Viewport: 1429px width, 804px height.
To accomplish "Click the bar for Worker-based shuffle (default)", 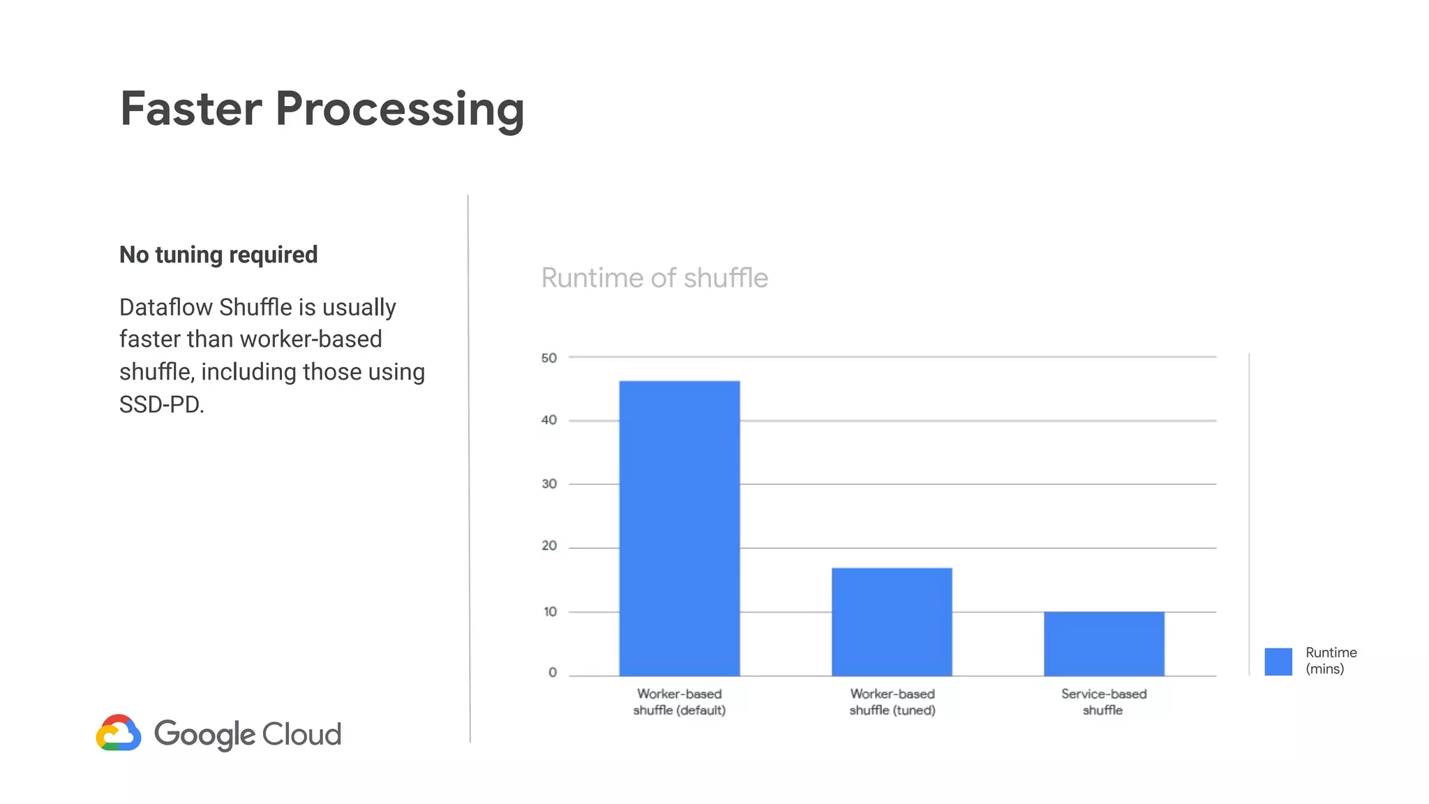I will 679,528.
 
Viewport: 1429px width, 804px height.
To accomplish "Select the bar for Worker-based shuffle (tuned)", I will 892,622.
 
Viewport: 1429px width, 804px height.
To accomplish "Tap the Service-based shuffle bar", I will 1104,643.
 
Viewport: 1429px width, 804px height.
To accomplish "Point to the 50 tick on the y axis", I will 549,358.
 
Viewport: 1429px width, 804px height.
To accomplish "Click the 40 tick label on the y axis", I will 549,420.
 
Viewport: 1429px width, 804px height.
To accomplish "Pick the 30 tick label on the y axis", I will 549,484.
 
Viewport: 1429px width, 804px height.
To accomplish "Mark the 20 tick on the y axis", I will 549,546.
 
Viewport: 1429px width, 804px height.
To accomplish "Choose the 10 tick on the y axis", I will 550,612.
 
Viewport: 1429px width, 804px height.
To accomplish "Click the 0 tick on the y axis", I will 553,673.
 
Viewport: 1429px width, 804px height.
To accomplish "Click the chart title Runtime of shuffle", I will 654,278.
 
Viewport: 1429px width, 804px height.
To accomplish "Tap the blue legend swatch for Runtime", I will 1278,662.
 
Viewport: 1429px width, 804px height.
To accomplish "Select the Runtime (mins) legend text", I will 1331,660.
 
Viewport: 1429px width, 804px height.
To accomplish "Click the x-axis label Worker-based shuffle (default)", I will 679,702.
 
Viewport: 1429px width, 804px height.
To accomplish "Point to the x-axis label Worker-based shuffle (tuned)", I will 892,702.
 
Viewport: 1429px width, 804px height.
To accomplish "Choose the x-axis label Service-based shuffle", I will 1104,702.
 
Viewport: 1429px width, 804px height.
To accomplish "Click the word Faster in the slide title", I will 190,109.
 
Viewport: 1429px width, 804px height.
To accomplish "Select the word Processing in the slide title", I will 399,110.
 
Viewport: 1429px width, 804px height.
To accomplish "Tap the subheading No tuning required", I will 218,255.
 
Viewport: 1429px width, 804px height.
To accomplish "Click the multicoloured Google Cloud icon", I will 119,733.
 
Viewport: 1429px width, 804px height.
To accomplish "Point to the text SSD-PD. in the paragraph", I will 162,405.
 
